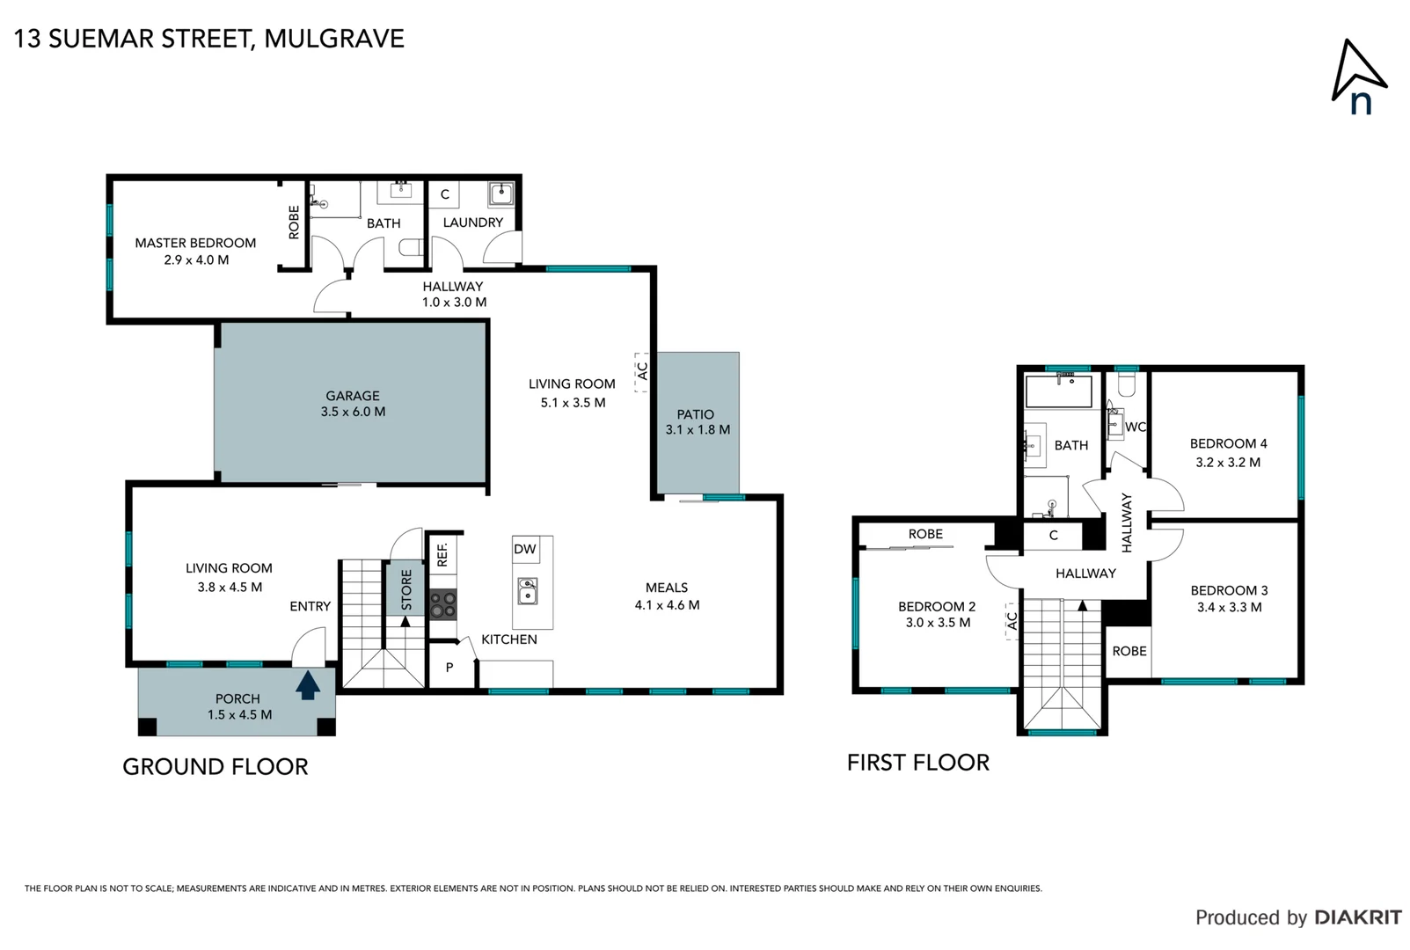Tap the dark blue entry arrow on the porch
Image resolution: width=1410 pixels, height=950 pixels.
click(307, 685)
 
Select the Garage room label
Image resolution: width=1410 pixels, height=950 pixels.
click(353, 396)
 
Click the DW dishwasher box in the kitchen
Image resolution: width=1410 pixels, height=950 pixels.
click(525, 550)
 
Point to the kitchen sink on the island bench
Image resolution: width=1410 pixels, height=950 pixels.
click(528, 590)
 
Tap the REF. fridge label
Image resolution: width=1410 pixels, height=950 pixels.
click(442, 554)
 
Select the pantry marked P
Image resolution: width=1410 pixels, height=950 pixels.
click(449, 668)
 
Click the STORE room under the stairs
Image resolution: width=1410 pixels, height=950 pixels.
click(405, 589)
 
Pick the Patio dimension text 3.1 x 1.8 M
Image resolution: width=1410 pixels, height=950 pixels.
click(698, 430)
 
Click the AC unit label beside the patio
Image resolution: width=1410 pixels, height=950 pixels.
click(642, 371)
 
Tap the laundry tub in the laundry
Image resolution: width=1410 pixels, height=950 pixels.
click(500, 193)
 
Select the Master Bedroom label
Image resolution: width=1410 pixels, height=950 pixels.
click(195, 243)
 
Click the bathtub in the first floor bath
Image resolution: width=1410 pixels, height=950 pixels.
click(1059, 391)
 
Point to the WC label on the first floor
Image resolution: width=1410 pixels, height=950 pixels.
click(1136, 427)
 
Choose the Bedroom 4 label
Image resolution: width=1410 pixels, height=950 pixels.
click(1228, 444)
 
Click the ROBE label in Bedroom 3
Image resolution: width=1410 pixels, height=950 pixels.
click(1129, 651)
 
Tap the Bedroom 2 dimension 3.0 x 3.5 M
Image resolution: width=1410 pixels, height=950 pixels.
click(938, 623)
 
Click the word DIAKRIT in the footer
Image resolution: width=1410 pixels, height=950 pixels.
click(1358, 917)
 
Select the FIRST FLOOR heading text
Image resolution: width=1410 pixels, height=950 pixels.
click(917, 763)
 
